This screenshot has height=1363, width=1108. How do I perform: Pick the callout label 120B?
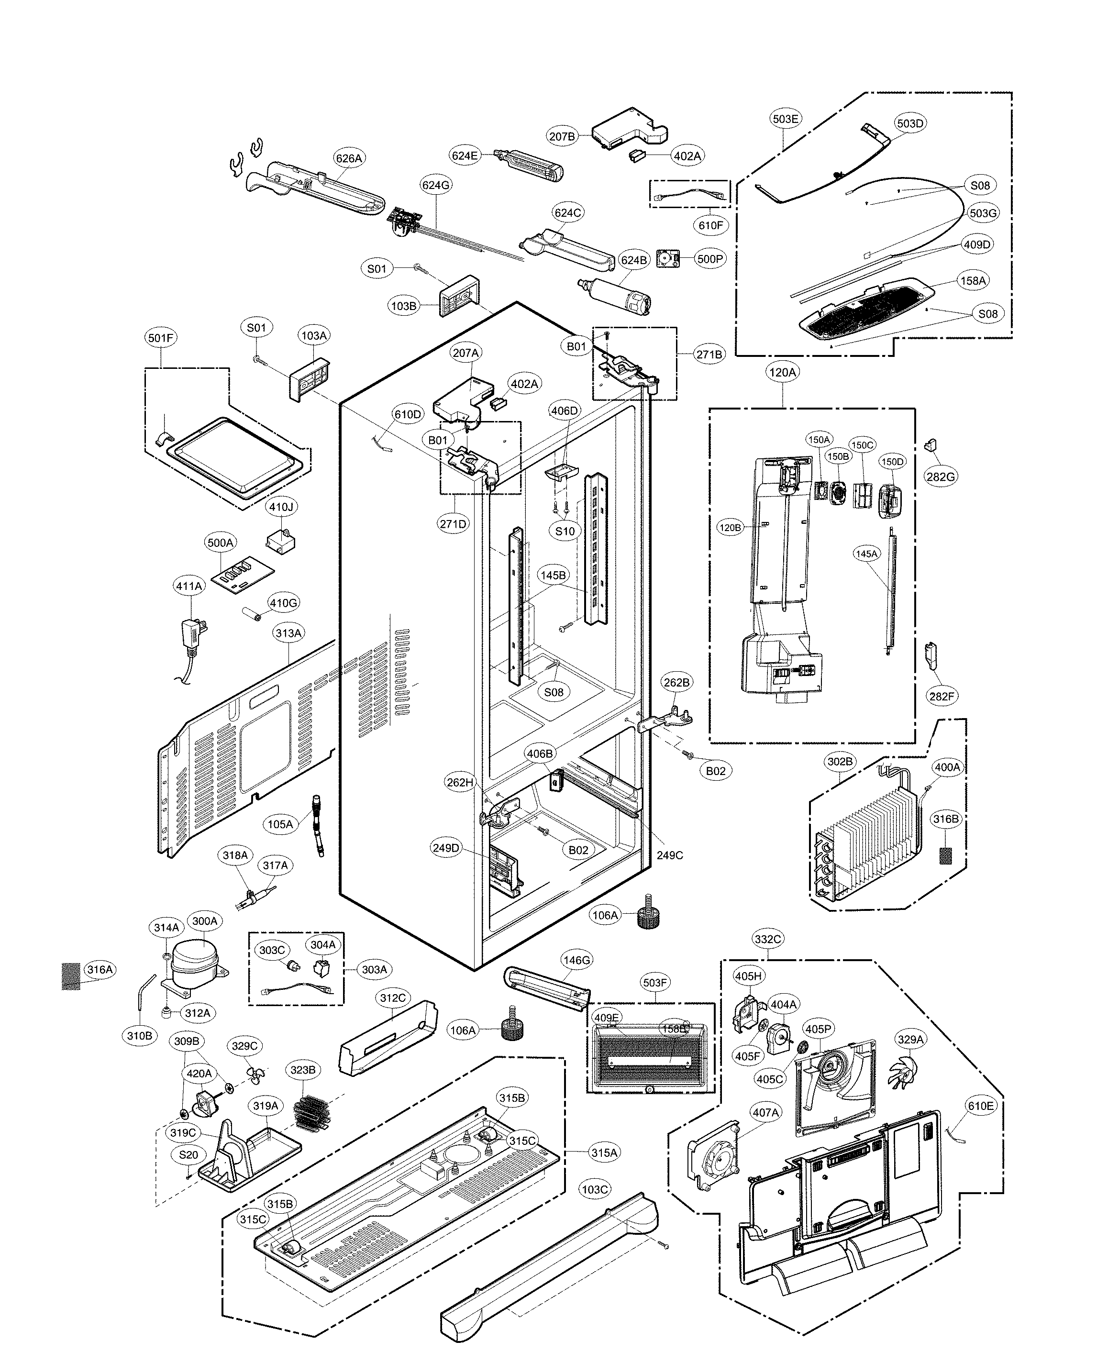[730, 528]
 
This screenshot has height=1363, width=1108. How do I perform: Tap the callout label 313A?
[288, 633]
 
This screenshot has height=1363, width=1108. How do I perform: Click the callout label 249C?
[669, 855]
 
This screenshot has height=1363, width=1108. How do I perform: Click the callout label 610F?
[710, 225]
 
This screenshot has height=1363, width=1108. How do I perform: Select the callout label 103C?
[594, 1189]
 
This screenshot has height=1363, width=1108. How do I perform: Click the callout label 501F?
[161, 338]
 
